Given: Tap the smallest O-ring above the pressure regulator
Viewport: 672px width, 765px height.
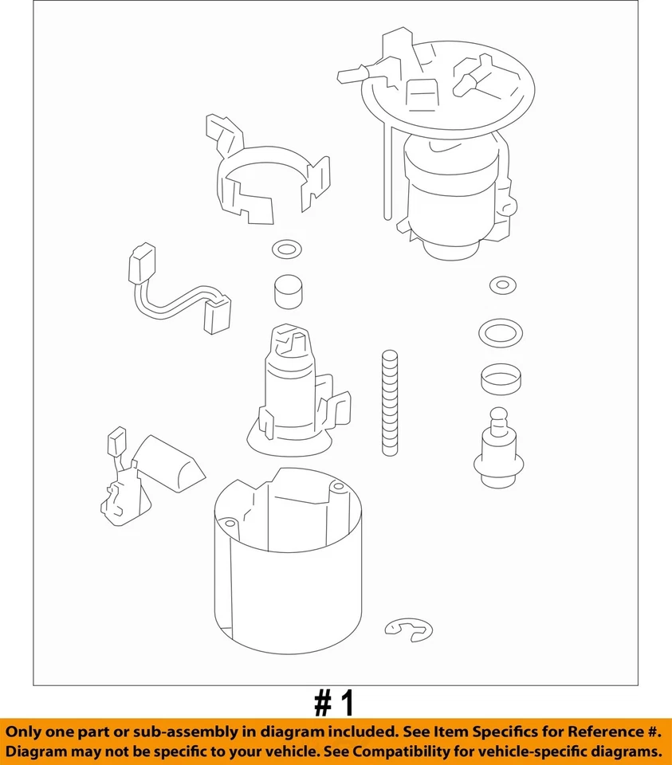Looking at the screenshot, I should pos(500,285).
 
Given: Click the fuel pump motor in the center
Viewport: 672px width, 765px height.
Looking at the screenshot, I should pos(295,390).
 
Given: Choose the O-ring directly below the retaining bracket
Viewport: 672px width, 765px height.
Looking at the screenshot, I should pos(287,249).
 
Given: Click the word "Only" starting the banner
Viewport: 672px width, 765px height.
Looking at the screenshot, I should pos(27,732).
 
